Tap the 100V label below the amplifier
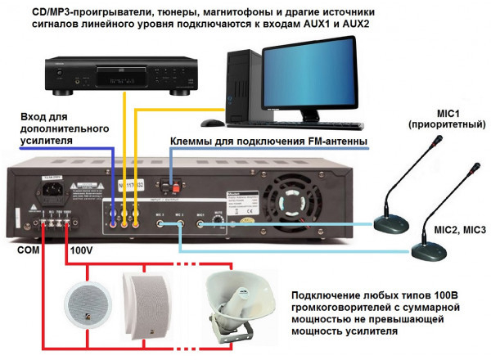(84, 250)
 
